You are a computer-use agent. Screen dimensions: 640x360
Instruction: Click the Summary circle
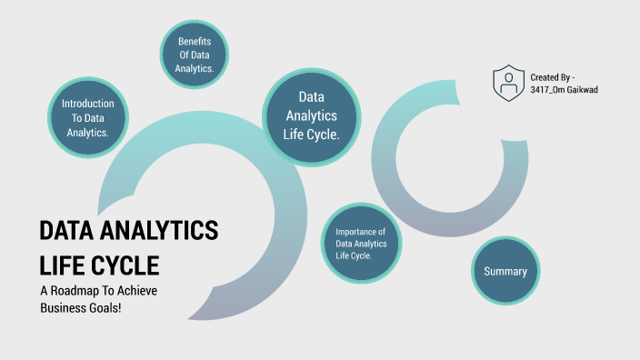505,271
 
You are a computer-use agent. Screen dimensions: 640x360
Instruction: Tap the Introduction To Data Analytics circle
87,118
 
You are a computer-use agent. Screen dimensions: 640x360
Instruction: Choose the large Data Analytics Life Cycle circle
312,116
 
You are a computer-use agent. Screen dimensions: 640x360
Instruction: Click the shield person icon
508,83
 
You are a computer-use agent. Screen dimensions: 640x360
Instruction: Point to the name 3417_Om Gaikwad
564,90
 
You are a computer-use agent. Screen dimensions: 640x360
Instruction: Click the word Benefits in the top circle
195,42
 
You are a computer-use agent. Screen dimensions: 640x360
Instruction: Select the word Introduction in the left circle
87,104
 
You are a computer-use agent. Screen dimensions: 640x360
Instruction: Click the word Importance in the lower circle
361,232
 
